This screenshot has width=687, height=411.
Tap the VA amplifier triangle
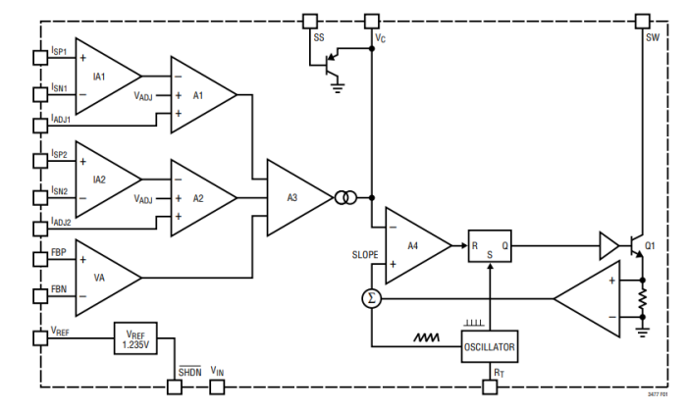click(103, 278)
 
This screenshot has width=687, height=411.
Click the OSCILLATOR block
click(489, 346)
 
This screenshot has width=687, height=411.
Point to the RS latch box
click(488, 246)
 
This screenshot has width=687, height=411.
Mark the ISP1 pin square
click(40, 57)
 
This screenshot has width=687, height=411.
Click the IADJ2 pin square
click(40, 227)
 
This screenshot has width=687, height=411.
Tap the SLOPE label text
click(364, 254)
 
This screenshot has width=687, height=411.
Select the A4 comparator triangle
click(412, 245)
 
